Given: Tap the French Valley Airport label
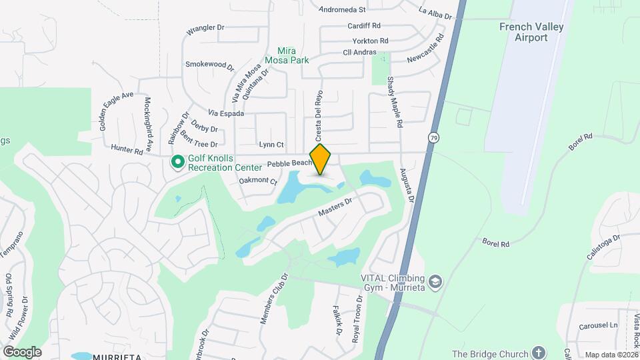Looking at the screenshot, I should pyautogui.click(x=531, y=32).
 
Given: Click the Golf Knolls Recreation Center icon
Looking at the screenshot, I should pyautogui.click(x=178, y=162).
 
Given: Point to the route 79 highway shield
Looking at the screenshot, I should pyautogui.click(x=433, y=137).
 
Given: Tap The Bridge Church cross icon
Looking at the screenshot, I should pyautogui.click(x=539, y=353).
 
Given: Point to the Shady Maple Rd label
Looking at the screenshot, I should pyautogui.click(x=395, y=101).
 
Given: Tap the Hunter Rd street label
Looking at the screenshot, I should pyautogui.click(x=127, y=151).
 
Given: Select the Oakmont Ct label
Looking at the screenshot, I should pyautogui.click(x=257, y=180).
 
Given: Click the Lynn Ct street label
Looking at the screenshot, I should pyautogui.click(x=271, y=145).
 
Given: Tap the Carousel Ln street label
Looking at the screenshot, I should pyautogui.click(x=599, y=325).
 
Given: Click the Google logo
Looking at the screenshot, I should pyautogui.click(x=22, y=351).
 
